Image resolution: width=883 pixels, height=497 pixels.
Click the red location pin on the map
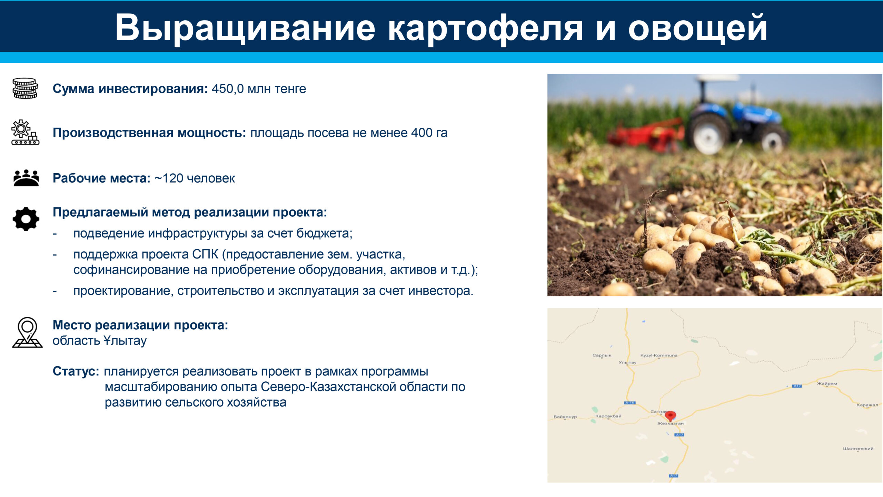(x=670, y=416)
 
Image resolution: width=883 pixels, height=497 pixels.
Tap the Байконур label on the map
(x=565, y=417)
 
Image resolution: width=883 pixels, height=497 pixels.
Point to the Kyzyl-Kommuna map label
(x=659, y=355)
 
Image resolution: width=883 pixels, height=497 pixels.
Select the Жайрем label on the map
(x=827, y=383)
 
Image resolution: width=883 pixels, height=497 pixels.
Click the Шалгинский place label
(x=858, y=449)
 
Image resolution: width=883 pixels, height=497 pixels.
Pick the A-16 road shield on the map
(x=629, y=403)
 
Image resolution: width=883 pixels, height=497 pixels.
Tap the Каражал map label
(x=867, y=405)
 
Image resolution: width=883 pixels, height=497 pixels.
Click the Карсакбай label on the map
(x=608, y=416)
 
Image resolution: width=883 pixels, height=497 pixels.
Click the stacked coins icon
(x=25, y=88)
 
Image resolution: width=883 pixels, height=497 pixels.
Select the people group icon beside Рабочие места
(x=26, y=178)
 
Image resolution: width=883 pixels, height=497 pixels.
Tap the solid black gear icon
(x=26, y=219)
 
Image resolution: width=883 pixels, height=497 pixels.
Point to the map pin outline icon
(x=27, y=332)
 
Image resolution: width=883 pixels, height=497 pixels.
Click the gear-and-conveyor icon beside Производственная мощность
(x=25, y=132)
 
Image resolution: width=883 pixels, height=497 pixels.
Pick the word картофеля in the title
(x=486, y=28)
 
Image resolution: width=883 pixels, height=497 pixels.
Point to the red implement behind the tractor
(x=645, y=135)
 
